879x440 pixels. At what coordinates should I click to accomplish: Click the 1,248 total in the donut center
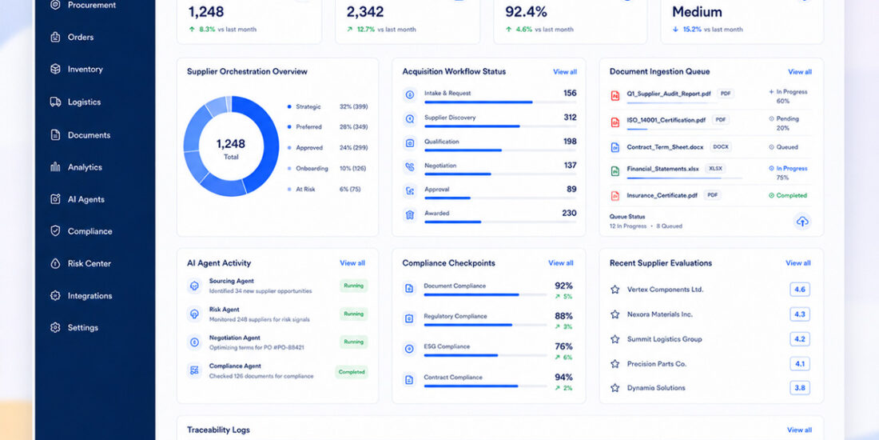pyautogui.click(x=231, y=144)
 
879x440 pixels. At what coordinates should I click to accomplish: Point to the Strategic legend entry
pyautogui.click(x=308, y=106)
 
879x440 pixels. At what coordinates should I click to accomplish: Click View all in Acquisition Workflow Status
pyautogui.click(x=564, y=72)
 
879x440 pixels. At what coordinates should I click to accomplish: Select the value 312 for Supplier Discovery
pyautogui.click(x=570, y=118)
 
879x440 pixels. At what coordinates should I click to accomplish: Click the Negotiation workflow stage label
pyautogui.click(x=440, y=166)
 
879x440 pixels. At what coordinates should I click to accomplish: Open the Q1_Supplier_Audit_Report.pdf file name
pyautogui.click(x=669, y=94)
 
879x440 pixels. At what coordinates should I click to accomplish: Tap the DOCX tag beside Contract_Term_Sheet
pyautogui.click(x=720, y=147)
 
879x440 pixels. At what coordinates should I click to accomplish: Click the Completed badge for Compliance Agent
pyautogui.click(x=352, y=371)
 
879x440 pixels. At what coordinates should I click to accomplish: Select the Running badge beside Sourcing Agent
pyautogui.click(x=354, y=286)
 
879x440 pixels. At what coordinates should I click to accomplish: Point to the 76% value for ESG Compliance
pyautogui.click(x=563, y=346)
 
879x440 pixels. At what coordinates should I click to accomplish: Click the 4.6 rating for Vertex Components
pyautogui.click(x=800, y=290)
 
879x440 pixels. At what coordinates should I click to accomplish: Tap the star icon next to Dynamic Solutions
pyautogui.click(x=615, y=388)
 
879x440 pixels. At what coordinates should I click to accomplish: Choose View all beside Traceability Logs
pyautogui.click(x=799, y=430)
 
